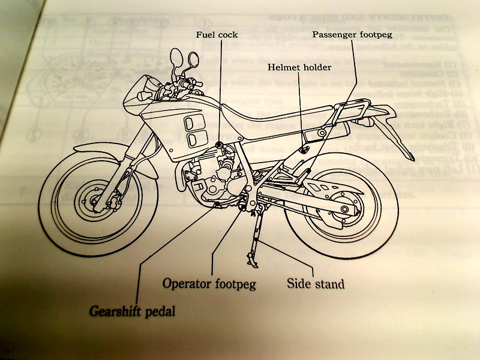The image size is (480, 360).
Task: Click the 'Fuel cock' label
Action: pyautogui.click(x=217, y=35)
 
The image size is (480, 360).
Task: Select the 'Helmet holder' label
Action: pyautogui.click(x=299, y=67)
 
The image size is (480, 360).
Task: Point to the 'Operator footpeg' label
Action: pyautogui.click(x=209, y=283)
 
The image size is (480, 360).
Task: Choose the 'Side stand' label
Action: pyautogui.click(x=315, y=282)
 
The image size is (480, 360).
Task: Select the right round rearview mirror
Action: pyautogui.click(x=194, y=59)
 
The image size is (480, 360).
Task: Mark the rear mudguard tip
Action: pyautogui.click(x=410, y=157)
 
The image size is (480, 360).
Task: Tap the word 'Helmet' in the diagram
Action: pyautogui.click(x=283, y=67)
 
